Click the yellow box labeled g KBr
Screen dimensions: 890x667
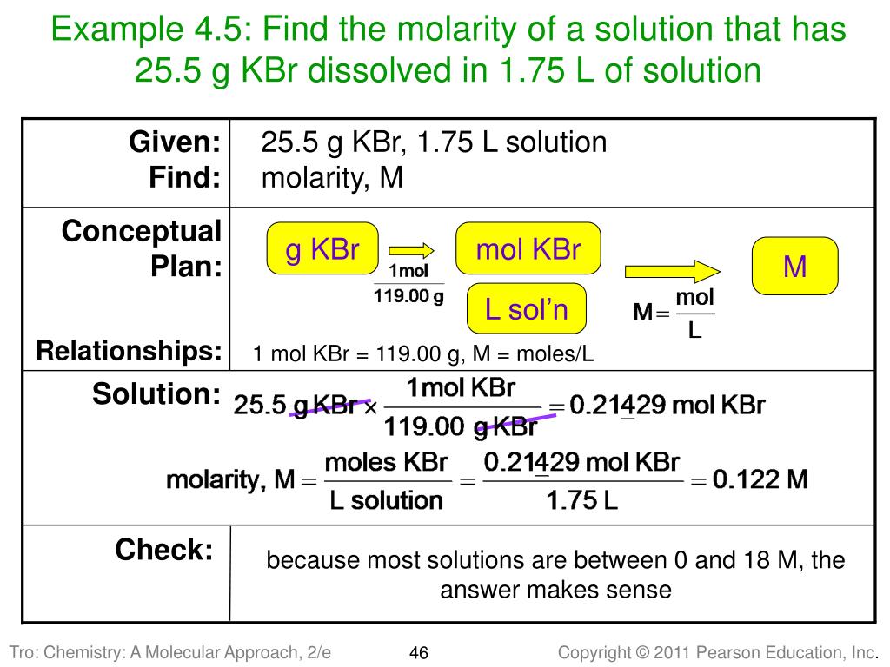(x=322, y=251)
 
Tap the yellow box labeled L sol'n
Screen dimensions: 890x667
(x=526, y=308)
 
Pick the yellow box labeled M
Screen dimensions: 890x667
(x=794, y=267)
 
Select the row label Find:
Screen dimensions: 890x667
(x=184, y=178)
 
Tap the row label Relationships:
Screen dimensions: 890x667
(x=129, y=352)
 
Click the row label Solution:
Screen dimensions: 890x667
(x=156, y=394)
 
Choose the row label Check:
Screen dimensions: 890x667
(x=164, y=549)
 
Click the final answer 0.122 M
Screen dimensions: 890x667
(x=760, y=479)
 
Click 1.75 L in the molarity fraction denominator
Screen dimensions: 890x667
(x=582, y=501)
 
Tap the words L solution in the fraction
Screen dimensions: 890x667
(x=387, y=500)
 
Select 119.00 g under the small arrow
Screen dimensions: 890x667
(x=408, y=296)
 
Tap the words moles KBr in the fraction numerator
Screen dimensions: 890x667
(x=386, y=461)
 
